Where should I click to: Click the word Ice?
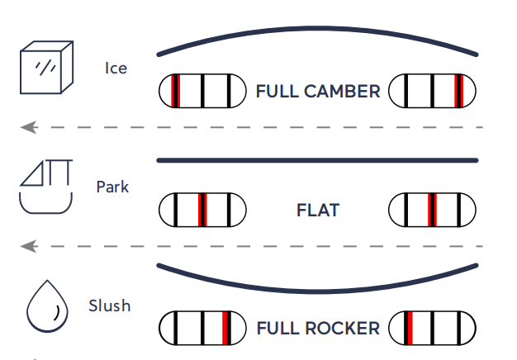[116, 68]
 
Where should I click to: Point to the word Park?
[112, 187]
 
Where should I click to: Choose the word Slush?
[110, 306]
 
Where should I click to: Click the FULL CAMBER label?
[318, 91]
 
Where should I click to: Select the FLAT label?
[318, 210]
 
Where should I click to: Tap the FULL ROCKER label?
[318, 328]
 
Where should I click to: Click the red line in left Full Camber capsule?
[175, 91]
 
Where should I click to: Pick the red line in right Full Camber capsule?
[458, 91]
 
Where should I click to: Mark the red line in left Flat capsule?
[202, 210]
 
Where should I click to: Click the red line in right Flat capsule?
[431, 210]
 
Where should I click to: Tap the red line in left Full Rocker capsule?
[226, 328]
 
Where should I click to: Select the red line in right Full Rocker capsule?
[408, 328]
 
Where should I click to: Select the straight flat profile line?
[318, 159]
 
